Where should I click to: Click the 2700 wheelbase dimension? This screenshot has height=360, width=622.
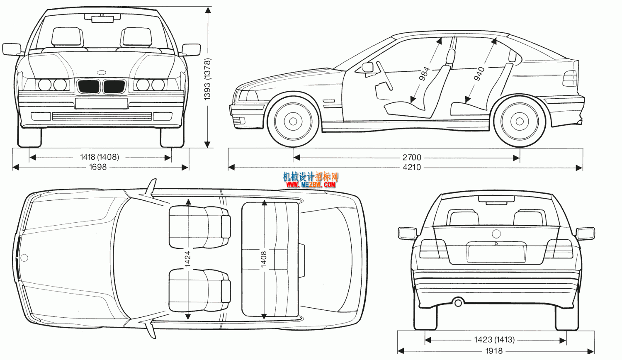411,158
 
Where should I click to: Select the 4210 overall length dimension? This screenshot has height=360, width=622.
411,168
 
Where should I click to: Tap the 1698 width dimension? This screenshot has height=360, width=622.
98,167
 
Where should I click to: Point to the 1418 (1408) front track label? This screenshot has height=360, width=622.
100,157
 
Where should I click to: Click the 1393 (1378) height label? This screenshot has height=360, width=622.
207,79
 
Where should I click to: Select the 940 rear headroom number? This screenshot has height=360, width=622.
479,74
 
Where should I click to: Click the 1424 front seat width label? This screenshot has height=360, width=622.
187,259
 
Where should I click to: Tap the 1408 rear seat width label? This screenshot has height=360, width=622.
264,259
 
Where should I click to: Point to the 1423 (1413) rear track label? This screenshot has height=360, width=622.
494,340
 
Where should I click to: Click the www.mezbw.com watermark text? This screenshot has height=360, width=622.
311,185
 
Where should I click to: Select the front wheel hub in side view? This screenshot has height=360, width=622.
293,122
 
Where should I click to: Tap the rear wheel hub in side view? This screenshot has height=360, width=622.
519,122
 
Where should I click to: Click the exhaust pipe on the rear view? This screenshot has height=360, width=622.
458,302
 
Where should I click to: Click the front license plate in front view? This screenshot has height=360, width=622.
101,103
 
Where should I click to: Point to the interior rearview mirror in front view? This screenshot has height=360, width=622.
102,18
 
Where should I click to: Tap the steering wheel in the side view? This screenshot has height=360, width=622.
384,75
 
